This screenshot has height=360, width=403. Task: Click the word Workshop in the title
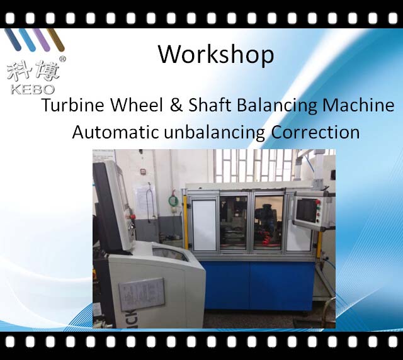216,55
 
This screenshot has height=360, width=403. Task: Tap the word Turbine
73,105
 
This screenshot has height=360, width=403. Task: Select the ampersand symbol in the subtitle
176,105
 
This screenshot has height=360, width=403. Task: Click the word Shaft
210,105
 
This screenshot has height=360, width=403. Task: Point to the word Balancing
277,105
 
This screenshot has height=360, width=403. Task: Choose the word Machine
358,105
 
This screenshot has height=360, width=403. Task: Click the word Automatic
115,132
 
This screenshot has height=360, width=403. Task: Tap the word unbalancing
214,133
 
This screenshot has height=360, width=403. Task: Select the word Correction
315,132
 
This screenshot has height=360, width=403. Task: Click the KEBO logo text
33,89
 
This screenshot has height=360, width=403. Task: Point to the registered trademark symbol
62,59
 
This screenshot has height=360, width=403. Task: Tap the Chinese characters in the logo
33,70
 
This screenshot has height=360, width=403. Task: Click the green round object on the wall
173,200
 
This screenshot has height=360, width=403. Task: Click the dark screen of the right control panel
307,210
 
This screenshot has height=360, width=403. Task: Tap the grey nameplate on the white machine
142,294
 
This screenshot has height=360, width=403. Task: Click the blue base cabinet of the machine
257,285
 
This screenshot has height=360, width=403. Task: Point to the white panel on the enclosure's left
204,225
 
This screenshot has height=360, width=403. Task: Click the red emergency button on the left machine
133,217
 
